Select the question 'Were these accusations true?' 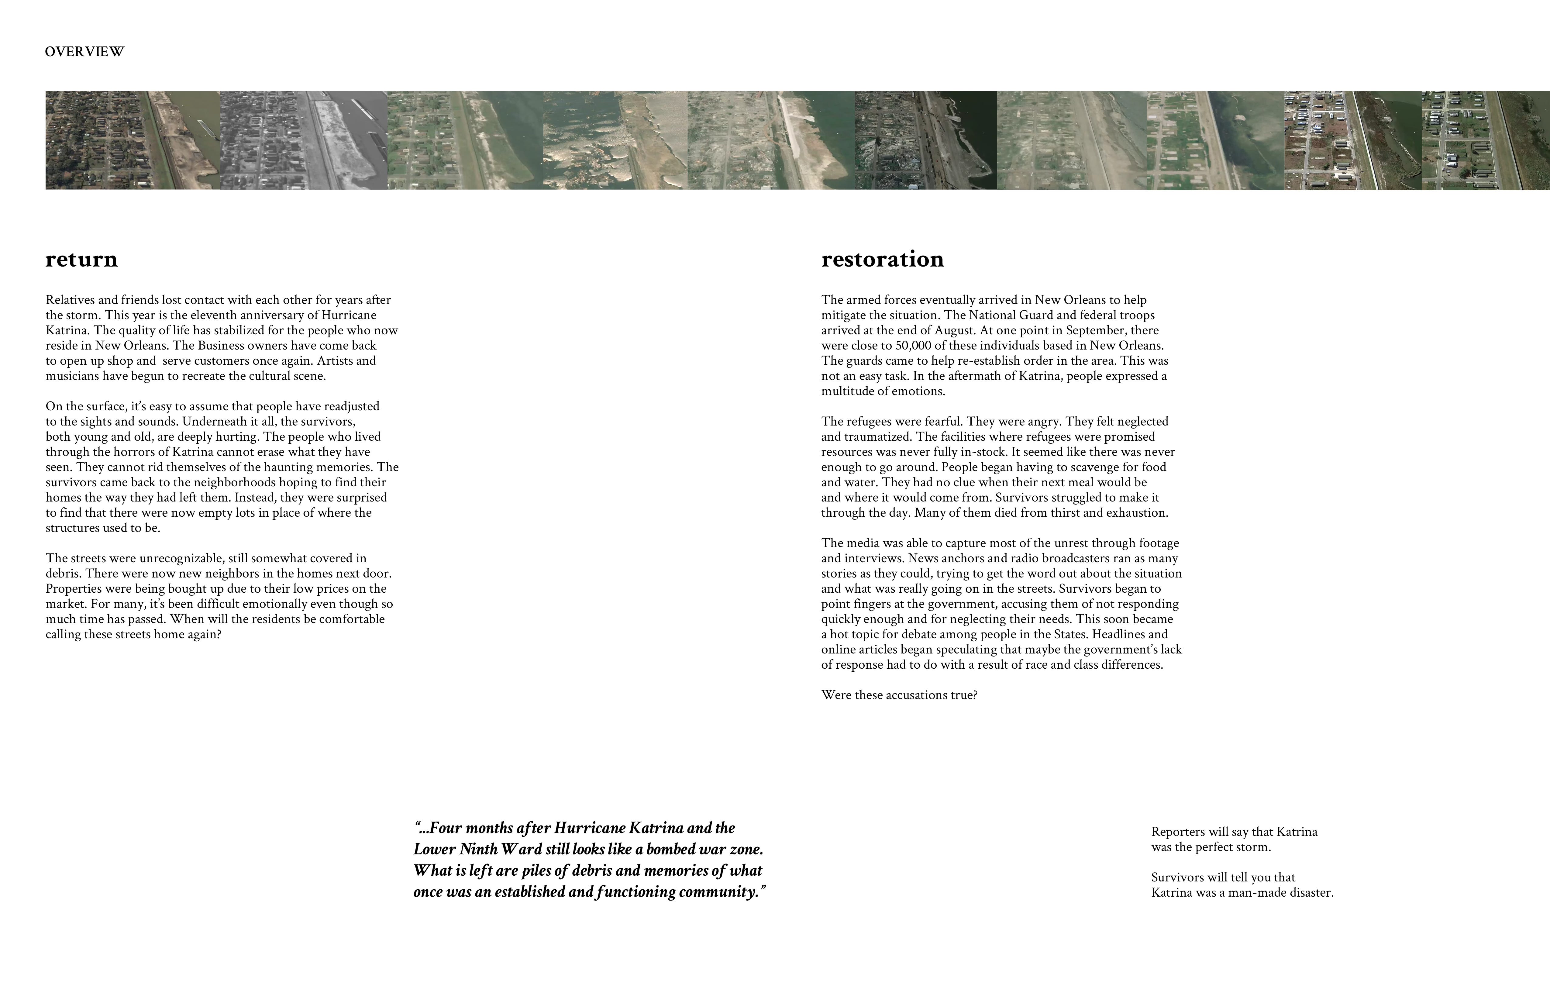[899, 695]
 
